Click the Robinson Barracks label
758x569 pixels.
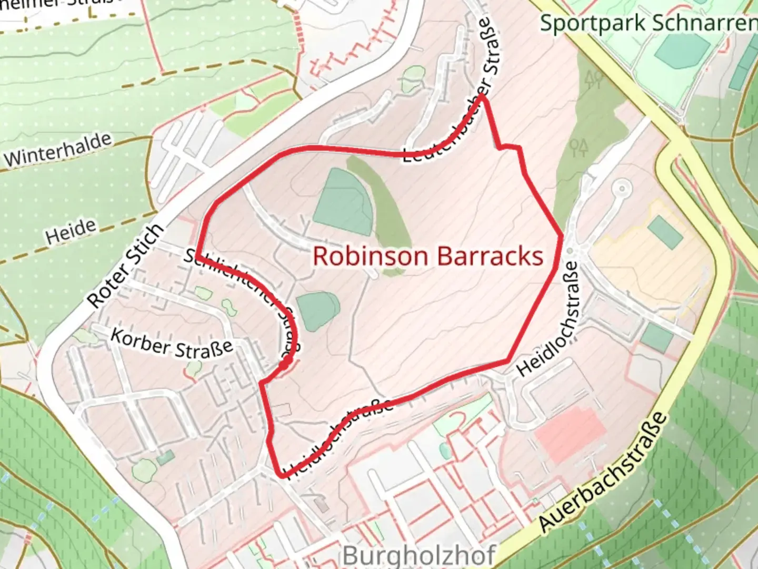[427, 257]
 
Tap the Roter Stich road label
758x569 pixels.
[125, 266]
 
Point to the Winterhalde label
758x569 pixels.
[58, 150]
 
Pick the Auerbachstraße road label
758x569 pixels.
[603, 472]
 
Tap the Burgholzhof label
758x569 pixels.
[418, 555]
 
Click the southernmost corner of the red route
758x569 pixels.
[283, 476]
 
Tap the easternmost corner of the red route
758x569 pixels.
[562, 236]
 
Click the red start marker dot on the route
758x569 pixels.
[285, 364]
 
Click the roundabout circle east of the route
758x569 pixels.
[622, 188]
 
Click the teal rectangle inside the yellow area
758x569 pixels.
[665, 232]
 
